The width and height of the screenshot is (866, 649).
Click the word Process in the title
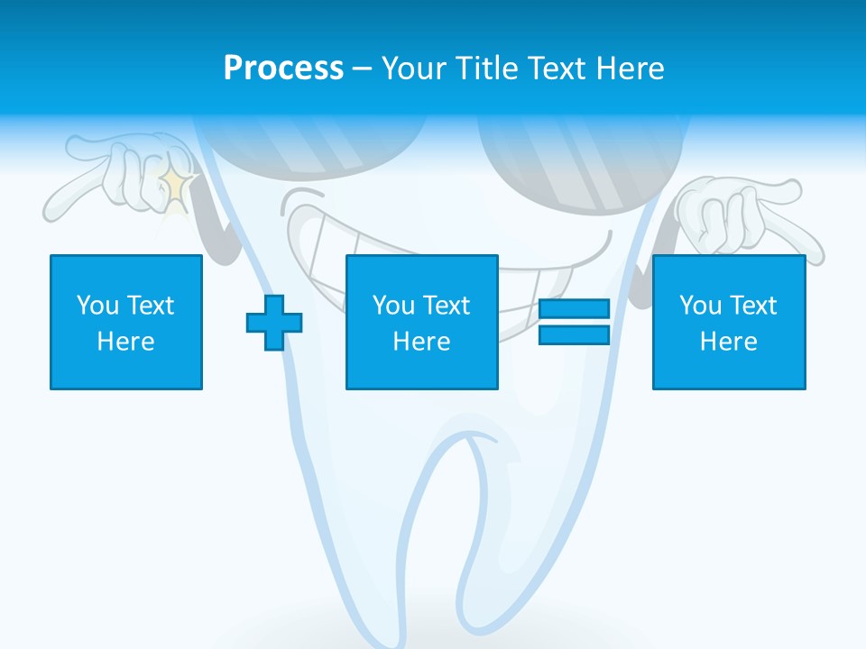tap(283, 68)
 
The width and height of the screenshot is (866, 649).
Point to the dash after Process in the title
tap(362, 69)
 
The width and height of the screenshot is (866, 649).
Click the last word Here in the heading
tap(631, 68)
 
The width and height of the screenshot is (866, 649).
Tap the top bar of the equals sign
tap(574, 309)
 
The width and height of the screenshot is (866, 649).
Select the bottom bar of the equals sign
tap(574, 335)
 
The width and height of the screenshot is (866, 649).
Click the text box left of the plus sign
tap(126, 322)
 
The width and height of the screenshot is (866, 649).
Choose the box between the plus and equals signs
tap(421, 322)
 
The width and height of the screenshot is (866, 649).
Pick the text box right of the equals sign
tap(728, 322)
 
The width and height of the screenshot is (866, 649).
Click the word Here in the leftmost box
tap(125, 342)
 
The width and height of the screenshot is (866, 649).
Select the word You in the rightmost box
tap(700, 306)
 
